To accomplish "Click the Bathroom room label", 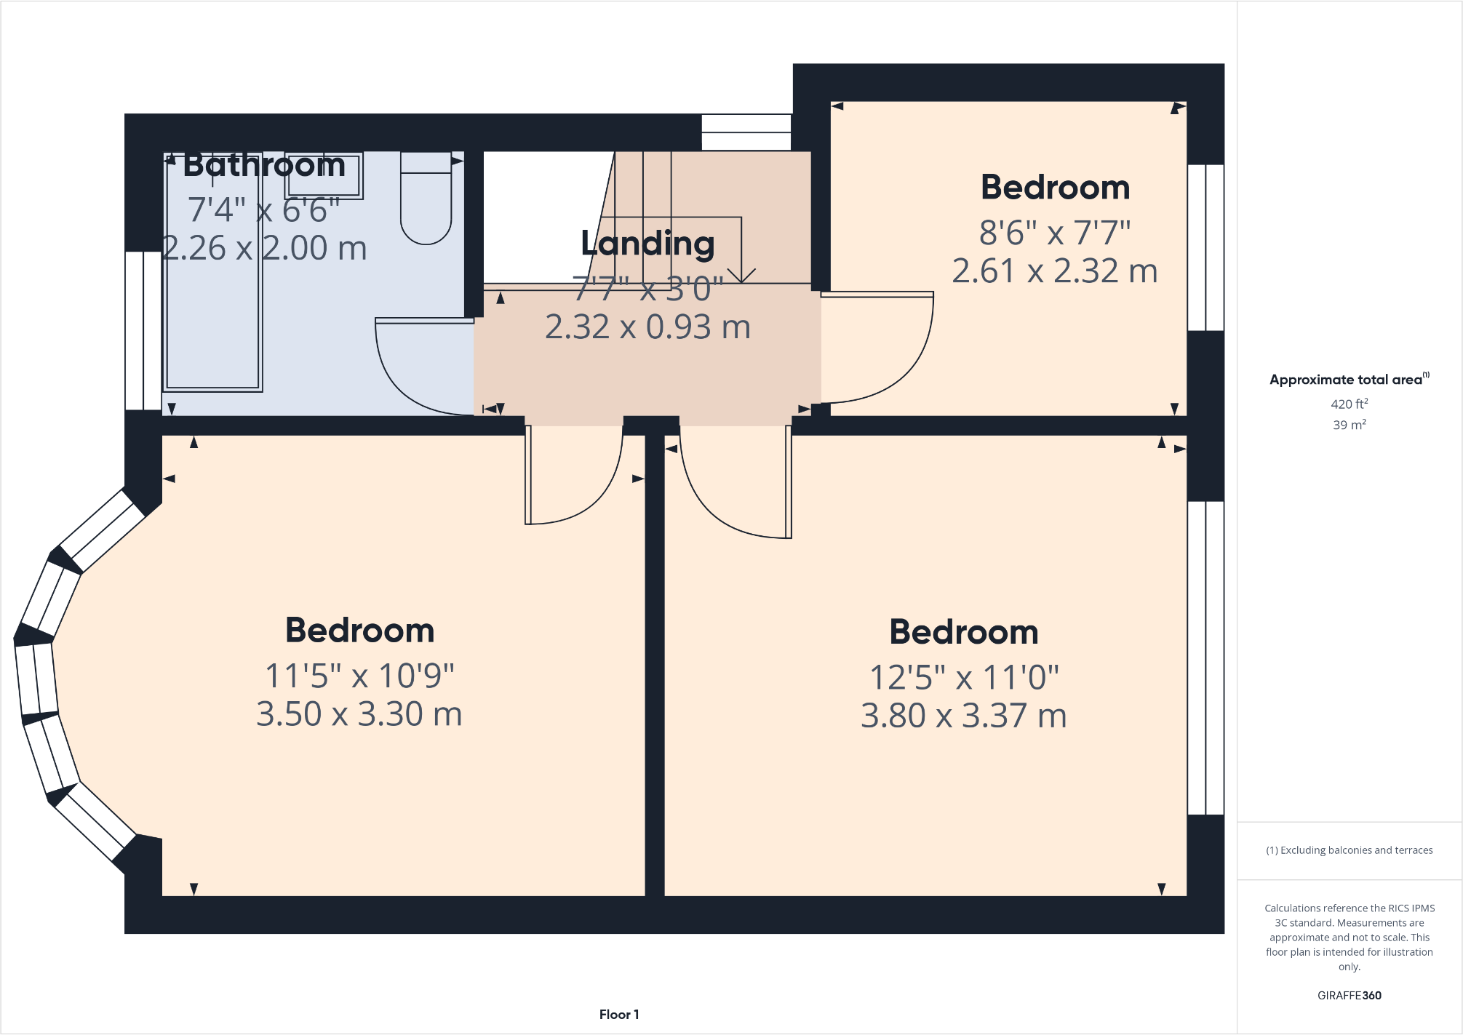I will pyautogui.click(x=264, y=165).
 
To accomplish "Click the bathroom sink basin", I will pyautogui.click(x=324, y=175).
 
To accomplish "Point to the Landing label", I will pyautogui.click(x=647, y=243).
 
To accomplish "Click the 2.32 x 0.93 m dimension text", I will pyautogui.click(x=647, y=327).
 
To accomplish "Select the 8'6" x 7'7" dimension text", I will pyautogui.click(x=1055, y=233).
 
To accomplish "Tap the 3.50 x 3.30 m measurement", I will pyautogui.click(x=359, y=714).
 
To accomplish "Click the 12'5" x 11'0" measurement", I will pyautogui.click(x=964, y=677).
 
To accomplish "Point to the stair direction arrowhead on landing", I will pyautogui.click(x=741, y=276).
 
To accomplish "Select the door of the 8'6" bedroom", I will pyautogui.click(x=895, y=356).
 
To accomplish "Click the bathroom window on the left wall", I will pyautogui.click(x=143, y=331).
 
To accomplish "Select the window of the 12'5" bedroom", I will pyautogui.click(x=1205, y=658).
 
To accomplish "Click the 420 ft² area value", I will pyautogui.click(x=1349, y=404).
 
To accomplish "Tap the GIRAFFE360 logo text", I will pyautogui.click(x=1349, y=995).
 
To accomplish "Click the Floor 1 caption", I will pyautogui.click(x=619, y=1014).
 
